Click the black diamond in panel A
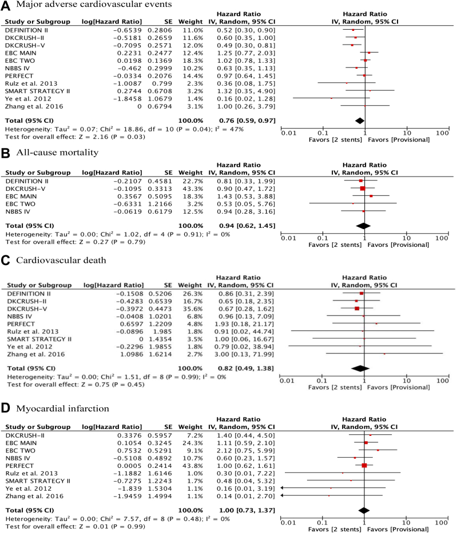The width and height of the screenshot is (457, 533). [359, 120]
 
